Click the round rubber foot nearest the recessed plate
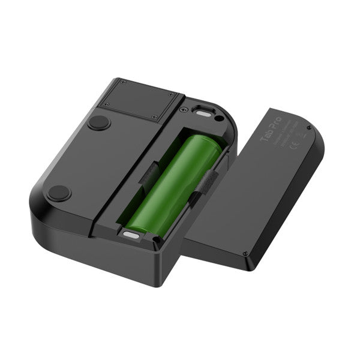click(x=99, y=122)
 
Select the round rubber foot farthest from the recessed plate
click(x=59, y=193)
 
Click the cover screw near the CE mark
click(x=308, y=127)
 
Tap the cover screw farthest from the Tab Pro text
click(x=245, y=254)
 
